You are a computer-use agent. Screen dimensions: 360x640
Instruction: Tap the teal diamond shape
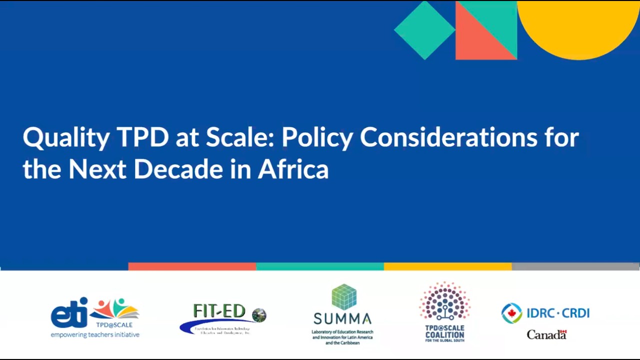tap(424, 30)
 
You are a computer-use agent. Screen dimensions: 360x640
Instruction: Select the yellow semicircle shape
tap(578, 25)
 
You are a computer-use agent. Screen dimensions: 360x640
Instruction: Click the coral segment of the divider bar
tap(192, 266)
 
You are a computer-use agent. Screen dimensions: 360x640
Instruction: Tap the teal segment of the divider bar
tap(320, 266)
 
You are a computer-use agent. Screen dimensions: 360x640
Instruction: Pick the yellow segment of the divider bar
tap(447, 266)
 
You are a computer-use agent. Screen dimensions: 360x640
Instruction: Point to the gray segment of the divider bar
tap(575, 266)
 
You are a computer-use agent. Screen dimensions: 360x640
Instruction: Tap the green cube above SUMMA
tap(344, 297)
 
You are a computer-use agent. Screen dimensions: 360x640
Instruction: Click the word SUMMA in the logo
tap(342, 318)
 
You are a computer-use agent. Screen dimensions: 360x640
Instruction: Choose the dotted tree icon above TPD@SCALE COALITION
tap(444, 301)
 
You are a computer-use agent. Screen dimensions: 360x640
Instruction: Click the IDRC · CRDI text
tap(557, 313)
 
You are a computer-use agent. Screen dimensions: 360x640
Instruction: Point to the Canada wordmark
tap(546, 334)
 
